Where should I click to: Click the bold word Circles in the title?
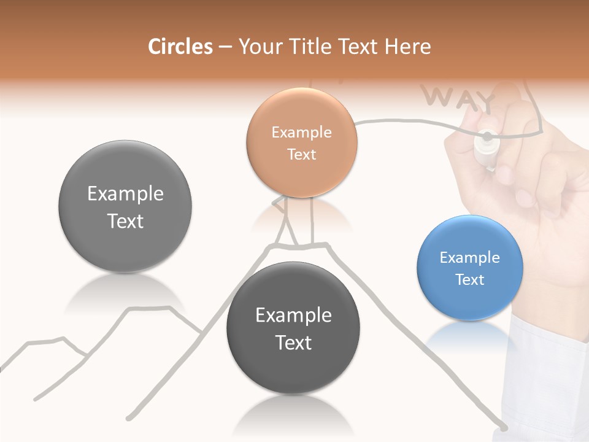(x=180, y=47)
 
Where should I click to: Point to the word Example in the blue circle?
(x=470, y=258)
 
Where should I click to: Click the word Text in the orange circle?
(x=301, y=154)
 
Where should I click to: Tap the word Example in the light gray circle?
(x=125, y=194)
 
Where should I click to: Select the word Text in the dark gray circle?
(x=293, y=343)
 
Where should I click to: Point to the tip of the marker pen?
(x=487, y=136)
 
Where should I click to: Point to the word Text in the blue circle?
(x=470, y=280)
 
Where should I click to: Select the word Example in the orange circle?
(x=301, y=132)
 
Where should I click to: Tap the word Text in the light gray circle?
(x=125, y=221)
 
